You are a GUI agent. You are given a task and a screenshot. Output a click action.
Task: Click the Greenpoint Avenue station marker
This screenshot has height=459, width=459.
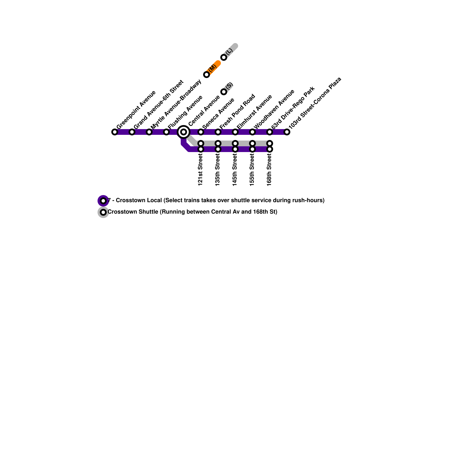(x=115, y=132)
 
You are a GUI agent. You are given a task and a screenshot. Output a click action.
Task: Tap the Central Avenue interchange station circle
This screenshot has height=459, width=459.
(x=184, y=132)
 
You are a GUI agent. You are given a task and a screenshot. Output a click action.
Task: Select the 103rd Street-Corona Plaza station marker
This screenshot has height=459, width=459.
(x=287, y=132)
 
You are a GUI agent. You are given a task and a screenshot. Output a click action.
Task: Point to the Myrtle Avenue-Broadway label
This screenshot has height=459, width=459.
(x=176, y=104)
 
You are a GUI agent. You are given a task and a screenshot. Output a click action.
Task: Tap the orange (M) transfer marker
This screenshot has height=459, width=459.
(x=207, y=75)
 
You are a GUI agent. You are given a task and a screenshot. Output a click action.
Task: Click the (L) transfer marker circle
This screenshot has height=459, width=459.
(x=224, y=57)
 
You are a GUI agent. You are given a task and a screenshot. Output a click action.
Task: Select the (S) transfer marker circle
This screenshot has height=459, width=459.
(x=224, y=92)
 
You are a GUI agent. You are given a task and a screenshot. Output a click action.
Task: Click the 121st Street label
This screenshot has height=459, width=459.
(x=201, y=170)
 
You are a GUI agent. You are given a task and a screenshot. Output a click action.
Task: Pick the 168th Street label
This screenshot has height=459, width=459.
(x=269, y=170)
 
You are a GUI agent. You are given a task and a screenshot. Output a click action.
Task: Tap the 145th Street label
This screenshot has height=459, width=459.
(x=235, y=170)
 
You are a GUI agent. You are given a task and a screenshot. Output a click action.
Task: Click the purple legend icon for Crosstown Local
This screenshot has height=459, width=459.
(x=103, y=201)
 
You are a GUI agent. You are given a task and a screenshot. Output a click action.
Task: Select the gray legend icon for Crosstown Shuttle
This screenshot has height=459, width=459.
(x=103, y=212)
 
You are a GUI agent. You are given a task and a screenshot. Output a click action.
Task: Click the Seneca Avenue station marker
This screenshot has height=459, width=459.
(x=201, y=132)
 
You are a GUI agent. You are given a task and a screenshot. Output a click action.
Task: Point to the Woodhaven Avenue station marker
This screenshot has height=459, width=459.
(x=252, y=132)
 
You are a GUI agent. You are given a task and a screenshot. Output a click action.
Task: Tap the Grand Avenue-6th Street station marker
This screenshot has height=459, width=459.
(x=132, y=132)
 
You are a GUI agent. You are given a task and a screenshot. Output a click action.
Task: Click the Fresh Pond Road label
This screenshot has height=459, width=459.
(x=237, y=111)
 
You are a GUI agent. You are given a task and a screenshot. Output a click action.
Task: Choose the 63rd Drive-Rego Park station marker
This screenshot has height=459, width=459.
(x=270, y=132)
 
